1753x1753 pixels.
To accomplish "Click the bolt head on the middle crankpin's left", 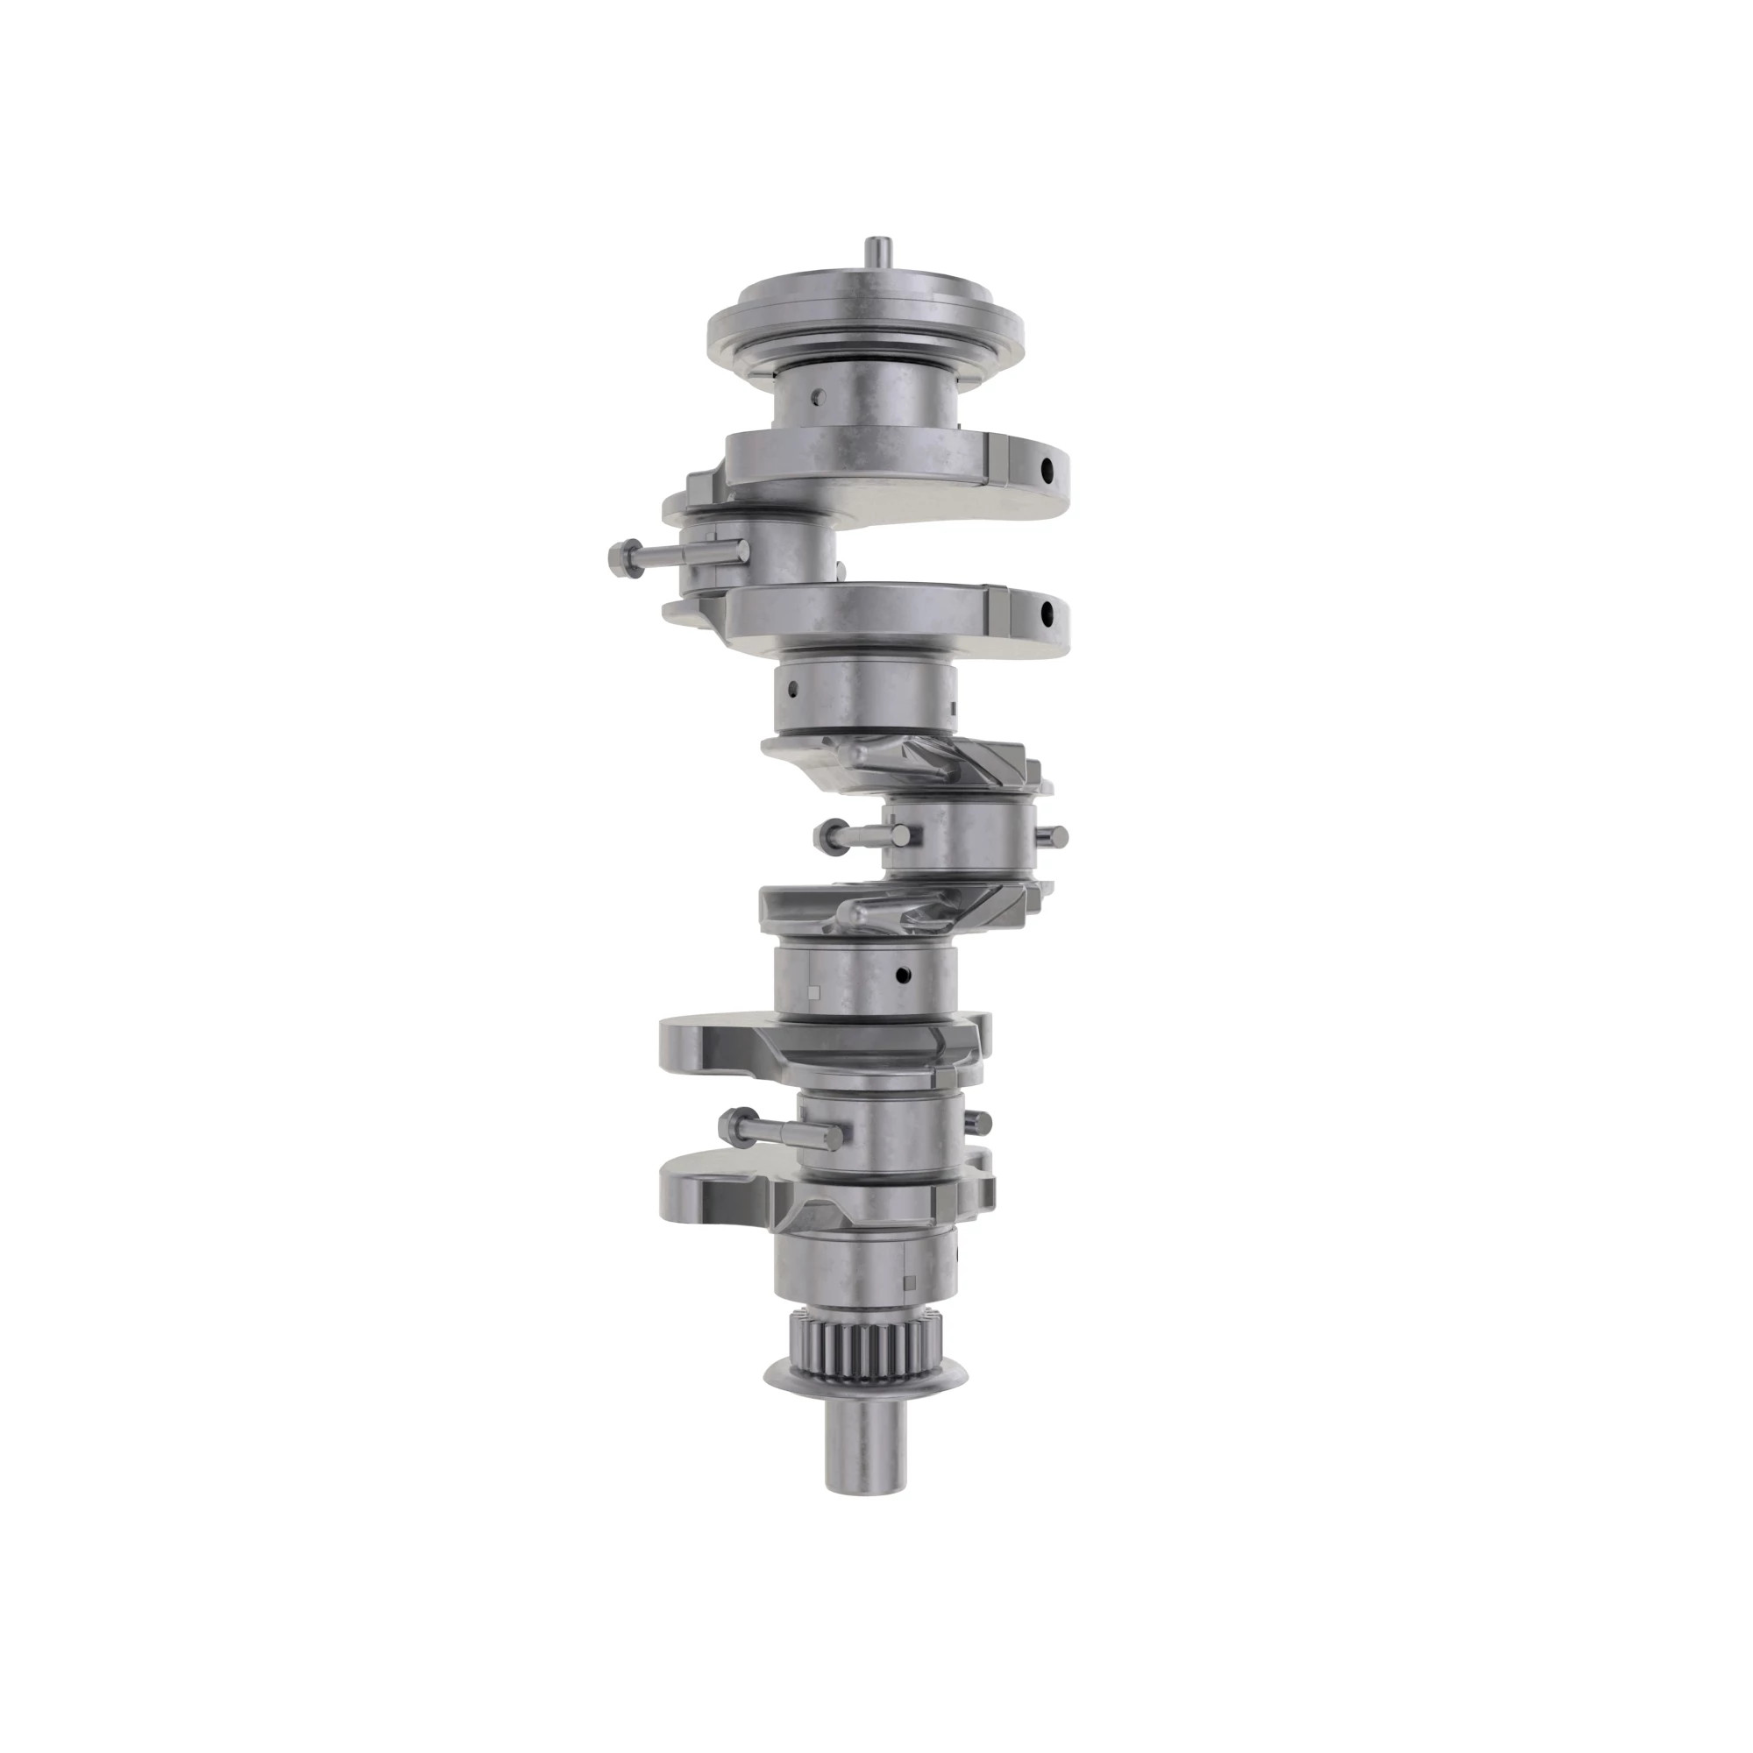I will tap(827, 834).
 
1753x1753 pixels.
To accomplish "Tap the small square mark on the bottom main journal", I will tap(910, 1282).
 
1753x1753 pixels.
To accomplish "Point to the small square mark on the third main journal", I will tap(814, 990).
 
